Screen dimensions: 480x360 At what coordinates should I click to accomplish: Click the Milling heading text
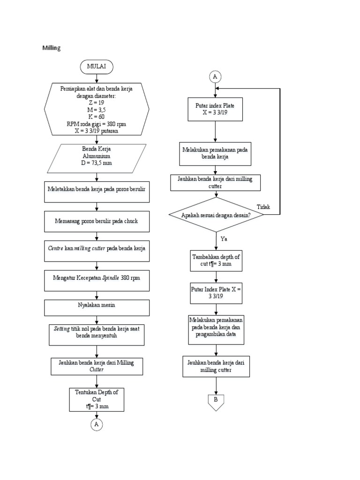pos(52,48)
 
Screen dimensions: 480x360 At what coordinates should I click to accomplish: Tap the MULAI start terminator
pos(97,67)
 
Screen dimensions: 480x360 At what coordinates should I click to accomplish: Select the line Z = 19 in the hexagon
pos(97,103)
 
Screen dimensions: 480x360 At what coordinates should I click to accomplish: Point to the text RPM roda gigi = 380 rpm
pos(97,124)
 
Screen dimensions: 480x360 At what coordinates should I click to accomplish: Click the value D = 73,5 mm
pos(97,163)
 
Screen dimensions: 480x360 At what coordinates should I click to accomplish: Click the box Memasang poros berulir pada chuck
pos(97,221)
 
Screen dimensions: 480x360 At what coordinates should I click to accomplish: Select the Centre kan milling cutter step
pos(97,248)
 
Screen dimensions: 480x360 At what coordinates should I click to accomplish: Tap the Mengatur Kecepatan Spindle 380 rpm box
pos(97,277)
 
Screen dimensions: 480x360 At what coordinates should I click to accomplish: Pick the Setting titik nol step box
pos(97,332)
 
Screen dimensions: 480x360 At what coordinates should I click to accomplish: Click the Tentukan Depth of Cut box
pos(97,399)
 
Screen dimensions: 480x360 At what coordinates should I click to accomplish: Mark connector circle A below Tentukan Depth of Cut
pos(97,424)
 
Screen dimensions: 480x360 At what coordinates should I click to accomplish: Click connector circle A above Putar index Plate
pos(215,76)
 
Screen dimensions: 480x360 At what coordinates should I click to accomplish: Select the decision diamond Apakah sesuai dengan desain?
pos(216,215)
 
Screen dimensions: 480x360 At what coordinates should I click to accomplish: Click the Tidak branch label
pos(264,207)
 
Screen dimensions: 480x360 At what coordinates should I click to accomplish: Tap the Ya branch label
pos(224,239)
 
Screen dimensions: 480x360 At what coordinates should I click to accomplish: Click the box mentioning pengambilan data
pos(216,330)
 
